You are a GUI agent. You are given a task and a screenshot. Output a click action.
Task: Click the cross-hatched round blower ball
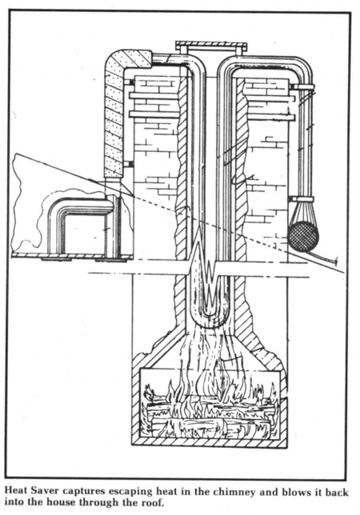(x=303, y=236)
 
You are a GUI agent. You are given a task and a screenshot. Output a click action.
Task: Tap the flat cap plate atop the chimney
(x=211, y=44)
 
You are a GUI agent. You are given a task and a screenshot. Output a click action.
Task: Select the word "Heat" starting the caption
(x=15, y=492)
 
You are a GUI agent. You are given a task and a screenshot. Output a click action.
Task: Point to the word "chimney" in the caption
(x=234, y=493)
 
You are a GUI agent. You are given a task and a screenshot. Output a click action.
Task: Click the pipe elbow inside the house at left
(x=59, y=206)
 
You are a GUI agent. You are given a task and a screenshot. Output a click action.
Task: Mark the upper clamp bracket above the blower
(x=303, y=86)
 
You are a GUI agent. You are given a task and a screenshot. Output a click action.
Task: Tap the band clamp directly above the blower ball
(x=302, y=198)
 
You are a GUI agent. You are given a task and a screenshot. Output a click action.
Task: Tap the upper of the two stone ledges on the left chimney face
(x=154, y=96)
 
